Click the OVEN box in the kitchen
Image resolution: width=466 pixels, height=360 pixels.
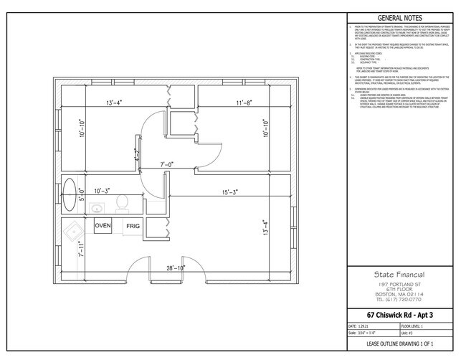[103, 224]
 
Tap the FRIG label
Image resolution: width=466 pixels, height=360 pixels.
[133, 225]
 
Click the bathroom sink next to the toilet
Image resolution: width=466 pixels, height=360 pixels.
[97, 209]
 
